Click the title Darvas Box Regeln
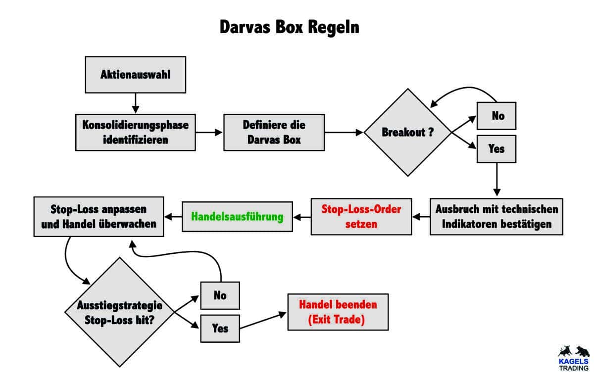point(290,27)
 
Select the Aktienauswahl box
point(136,75)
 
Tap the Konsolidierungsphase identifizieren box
point(136,132)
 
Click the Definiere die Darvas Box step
point(274,132)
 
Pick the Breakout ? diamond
point(407,132)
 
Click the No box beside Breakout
point(496,116)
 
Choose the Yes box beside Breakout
point(496,148)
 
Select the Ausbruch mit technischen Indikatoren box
point(496,216)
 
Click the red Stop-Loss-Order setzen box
point(361,216)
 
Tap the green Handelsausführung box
point(238,216)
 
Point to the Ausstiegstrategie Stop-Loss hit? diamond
point(120,312)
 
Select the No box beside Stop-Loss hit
point(220,295)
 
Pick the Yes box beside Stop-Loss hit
point(220,328)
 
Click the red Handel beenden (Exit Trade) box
point(338,313)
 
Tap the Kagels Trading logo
point(573,358)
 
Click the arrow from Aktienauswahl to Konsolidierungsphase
point(136,103)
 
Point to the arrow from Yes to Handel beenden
point(263,321)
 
